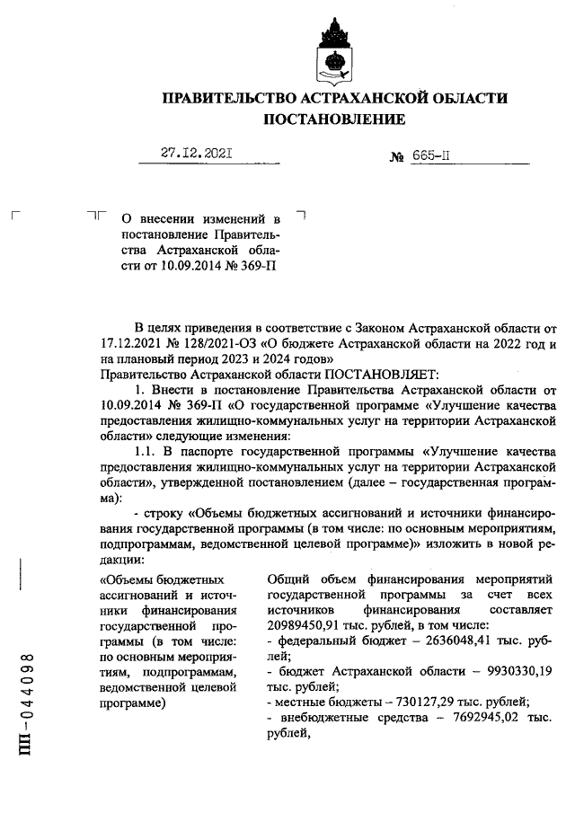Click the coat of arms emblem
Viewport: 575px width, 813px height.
(333, 52)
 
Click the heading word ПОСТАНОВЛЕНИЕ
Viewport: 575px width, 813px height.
(333, 119)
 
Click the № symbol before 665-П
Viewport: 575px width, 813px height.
(396, 155)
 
